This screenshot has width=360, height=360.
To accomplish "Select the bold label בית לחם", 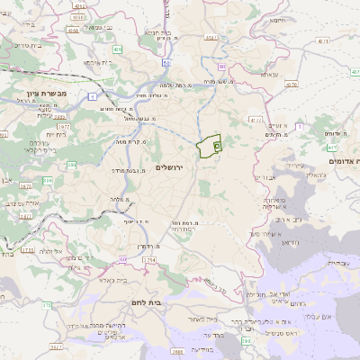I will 145,303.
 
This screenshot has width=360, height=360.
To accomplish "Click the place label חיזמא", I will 277,20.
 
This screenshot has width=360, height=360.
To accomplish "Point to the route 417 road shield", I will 333,147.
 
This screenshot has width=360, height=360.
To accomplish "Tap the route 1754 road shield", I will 148,259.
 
